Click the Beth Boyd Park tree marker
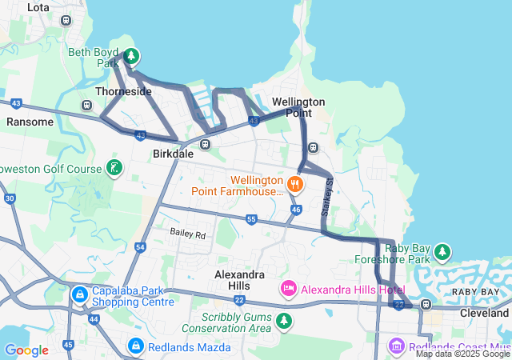point(132,57)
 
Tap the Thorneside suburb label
point(123,92)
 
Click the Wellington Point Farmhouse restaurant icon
point(295,185)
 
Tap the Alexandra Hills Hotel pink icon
point(288,288)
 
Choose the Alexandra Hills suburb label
point(244,279)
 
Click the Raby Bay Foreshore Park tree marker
point(442,253)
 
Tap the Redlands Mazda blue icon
point(135,346)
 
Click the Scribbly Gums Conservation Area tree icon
point(284,321)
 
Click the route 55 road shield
point(251,219)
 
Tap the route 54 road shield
point(140,248)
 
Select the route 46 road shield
point(296,210)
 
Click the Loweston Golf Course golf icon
point(115,168)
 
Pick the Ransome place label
point(30,122)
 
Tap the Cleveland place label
point(483,314)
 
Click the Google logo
point(26,350)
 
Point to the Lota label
point(38,7)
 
